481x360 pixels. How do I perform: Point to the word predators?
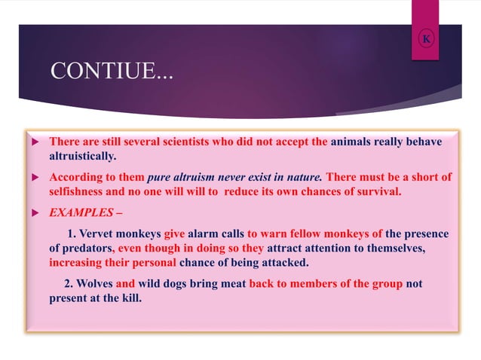[x=87, y=249]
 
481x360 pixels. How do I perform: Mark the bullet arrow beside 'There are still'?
[x=33, y=142]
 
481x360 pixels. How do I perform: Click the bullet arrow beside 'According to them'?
[x=33, y=178]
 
